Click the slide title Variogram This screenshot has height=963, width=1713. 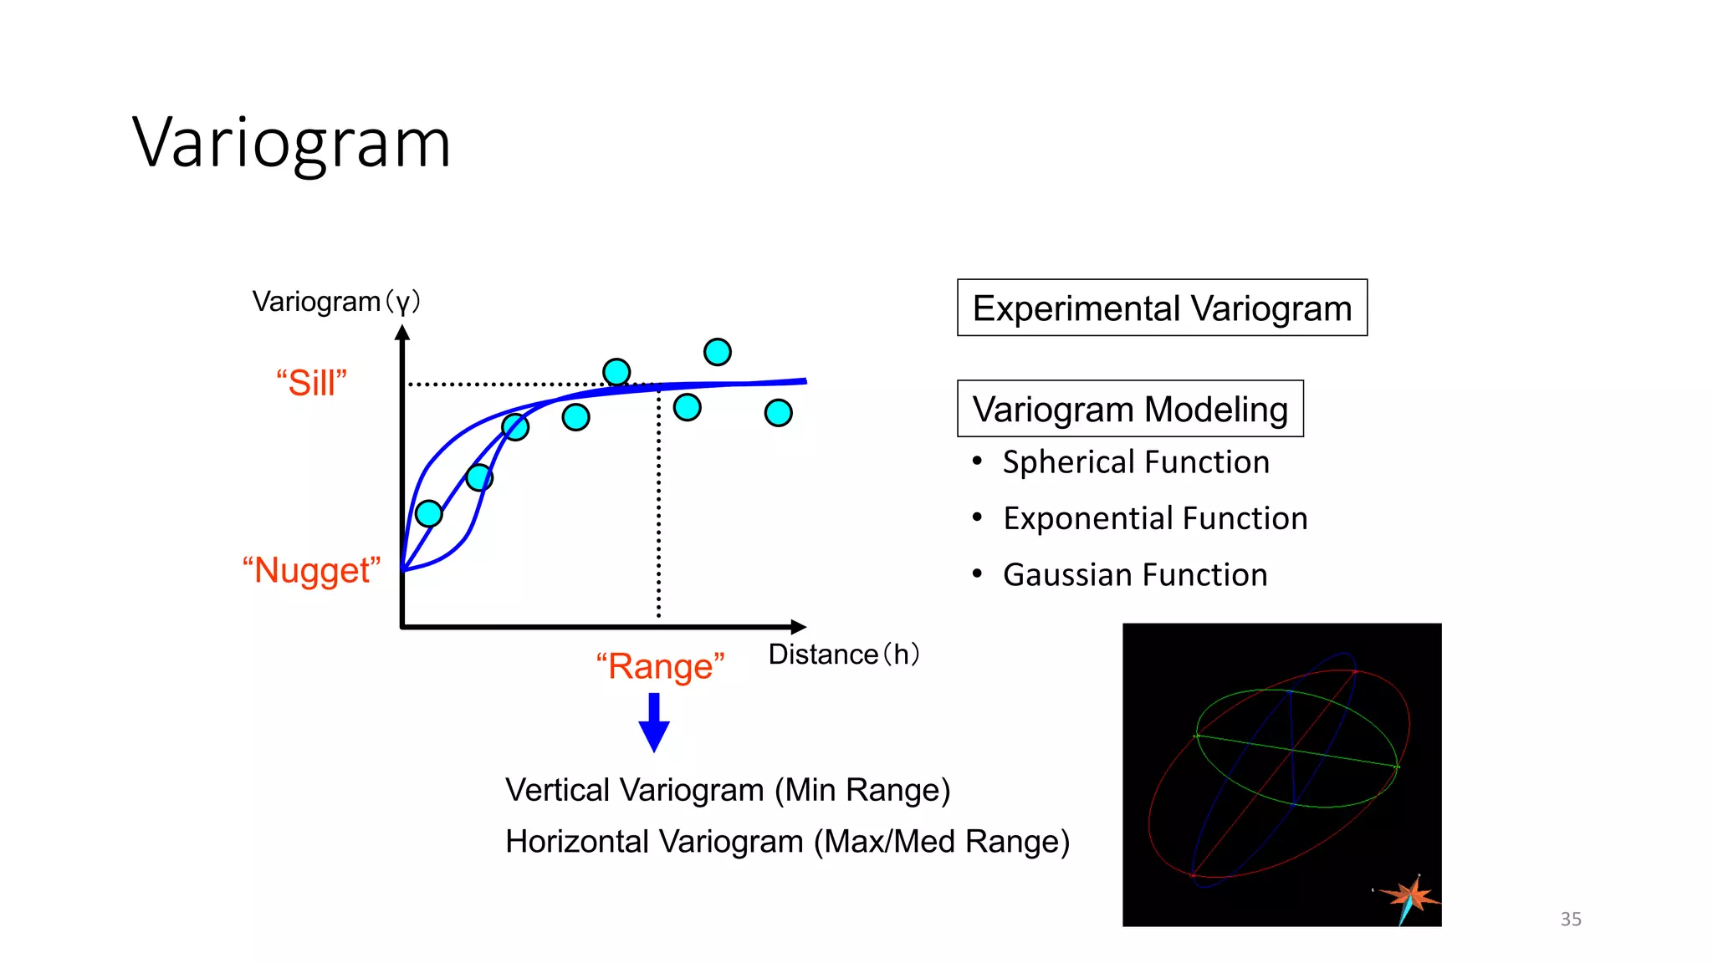point(291,143)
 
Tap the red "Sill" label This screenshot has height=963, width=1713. point(311,383)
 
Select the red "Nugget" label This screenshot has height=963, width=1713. point(311,570)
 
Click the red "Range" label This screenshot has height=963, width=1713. point(660,666)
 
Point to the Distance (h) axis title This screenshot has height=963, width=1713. point(843,654)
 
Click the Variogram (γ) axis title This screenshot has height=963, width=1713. point(336,301)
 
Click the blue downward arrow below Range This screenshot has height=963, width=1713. point(654,724)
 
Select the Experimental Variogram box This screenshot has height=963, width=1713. point(1162,308)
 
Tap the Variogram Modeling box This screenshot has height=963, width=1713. point(1130,409)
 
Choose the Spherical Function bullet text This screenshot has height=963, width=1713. point(1136,462)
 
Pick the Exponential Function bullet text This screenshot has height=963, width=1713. point(1155,518)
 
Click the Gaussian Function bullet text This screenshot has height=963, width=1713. point(1135,575)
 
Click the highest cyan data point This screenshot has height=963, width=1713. point(718,352)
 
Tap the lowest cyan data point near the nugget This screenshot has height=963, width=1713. point(428,513)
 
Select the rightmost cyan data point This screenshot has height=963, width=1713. point(778,412)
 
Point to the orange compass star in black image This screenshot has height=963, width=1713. point(1411,897)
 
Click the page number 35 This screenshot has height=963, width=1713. point(1570,919)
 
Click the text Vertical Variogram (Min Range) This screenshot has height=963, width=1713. point(728,790)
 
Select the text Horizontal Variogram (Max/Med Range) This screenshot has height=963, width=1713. point(787,841)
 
